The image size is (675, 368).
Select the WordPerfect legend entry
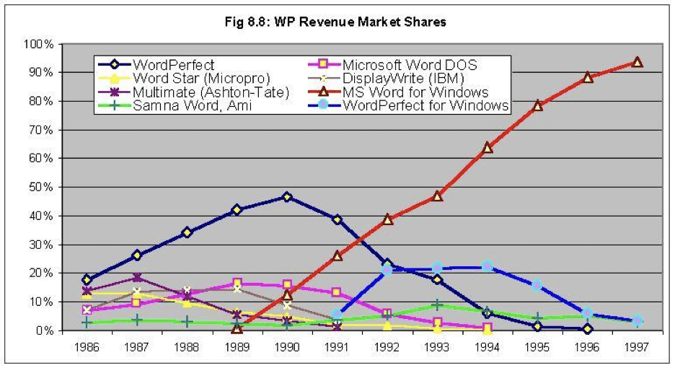[173, 65]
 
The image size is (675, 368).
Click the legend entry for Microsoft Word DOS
[409, 65]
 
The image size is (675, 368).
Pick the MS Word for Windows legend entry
[416, 92]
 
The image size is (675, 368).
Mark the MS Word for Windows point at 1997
[637, 62]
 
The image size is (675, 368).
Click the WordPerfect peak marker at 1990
[287, 197]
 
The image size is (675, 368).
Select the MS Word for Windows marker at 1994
[487, 147]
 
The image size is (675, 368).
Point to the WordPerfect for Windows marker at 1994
[487, 266]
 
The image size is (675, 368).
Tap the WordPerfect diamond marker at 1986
[87, 279]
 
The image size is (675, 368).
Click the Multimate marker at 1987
[137, 278]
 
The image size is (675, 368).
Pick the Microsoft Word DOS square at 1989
[237, 284]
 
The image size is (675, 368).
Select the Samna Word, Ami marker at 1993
[438, 305]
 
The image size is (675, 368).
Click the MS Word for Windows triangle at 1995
[537, 105]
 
